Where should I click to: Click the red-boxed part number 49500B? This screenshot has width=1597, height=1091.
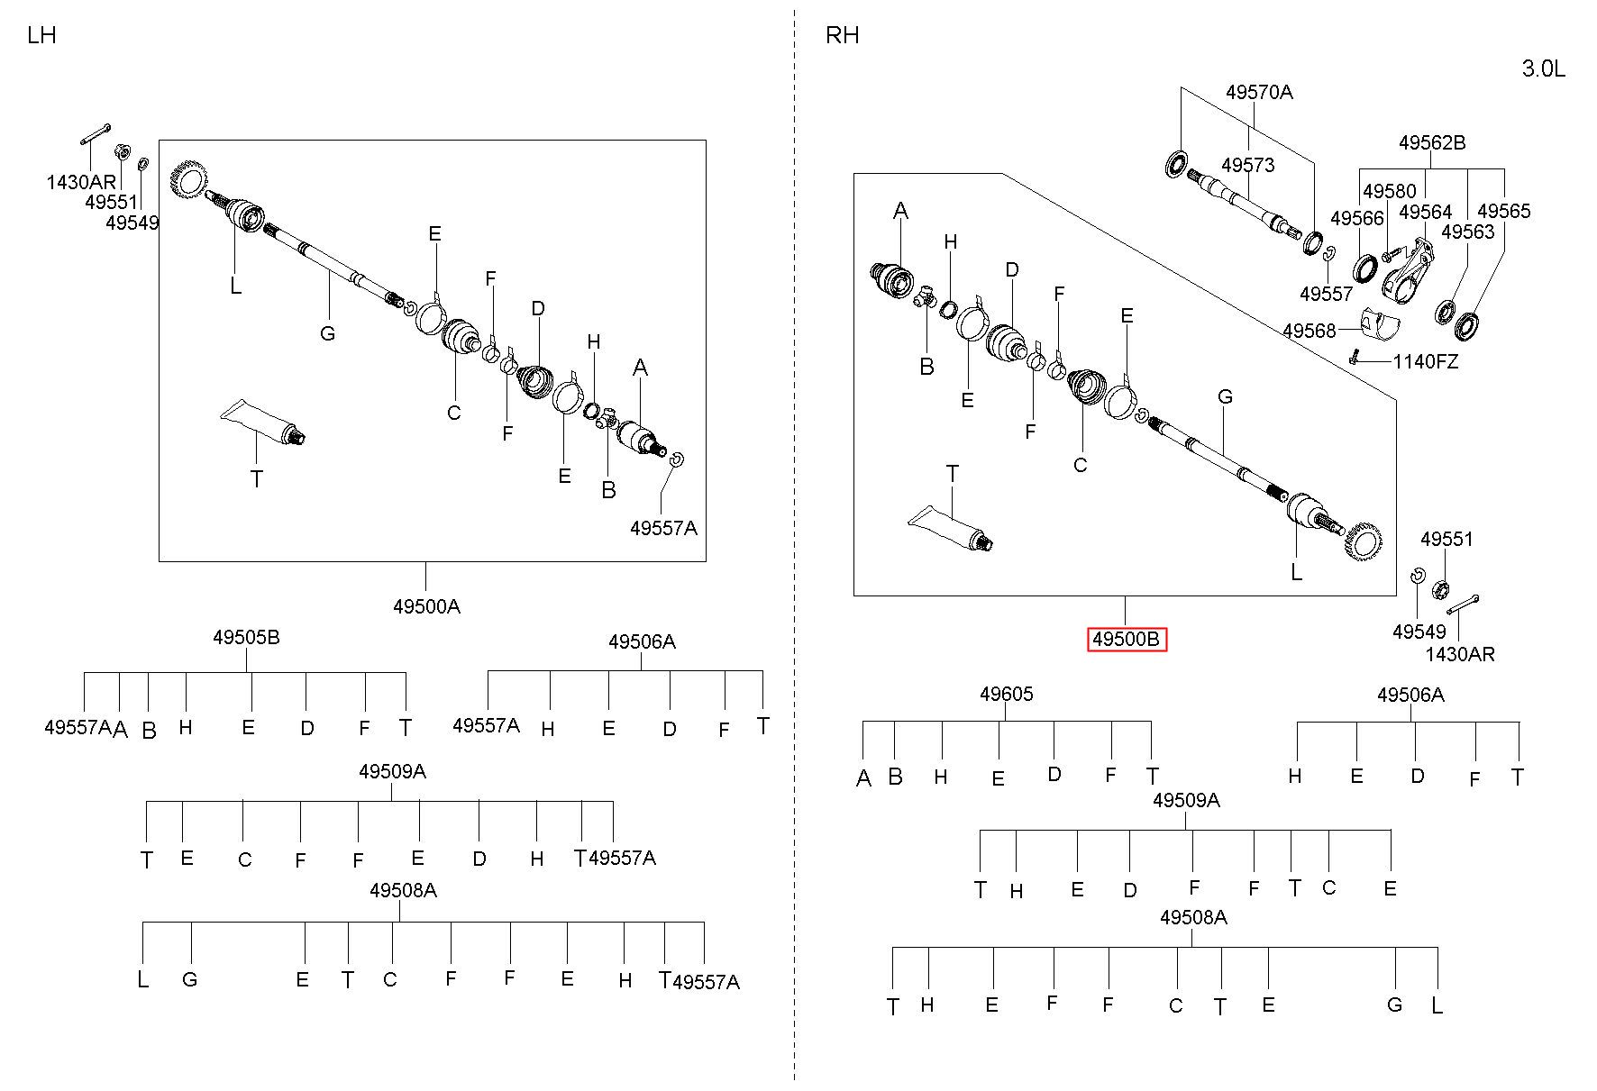click(x=1127, y=640)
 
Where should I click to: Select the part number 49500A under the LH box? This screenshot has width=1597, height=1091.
click(x=426, y=606)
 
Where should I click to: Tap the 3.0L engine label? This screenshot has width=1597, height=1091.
click(x=1544, y=68)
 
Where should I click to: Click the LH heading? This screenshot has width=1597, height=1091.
click(x=41, y=35)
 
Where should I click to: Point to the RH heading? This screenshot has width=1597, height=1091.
click(x=842, y=35)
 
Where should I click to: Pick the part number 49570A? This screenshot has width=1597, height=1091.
click(x=1259, y=92)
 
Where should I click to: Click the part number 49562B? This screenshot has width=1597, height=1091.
click(x=1432, y=142)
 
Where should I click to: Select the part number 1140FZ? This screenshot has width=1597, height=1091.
click(x=1426, y=362)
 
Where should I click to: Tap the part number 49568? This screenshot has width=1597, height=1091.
click(x=1310, y=331)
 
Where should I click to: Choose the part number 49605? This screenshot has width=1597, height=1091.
click(x=1007, y=694)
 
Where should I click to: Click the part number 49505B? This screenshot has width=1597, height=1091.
click(x=246, y=637)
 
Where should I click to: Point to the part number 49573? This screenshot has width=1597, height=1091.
click(x=1248, y=165)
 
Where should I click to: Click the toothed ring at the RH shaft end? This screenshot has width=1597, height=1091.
click(x=1362, y=541)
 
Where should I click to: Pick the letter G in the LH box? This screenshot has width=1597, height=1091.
click(x=328, y=333)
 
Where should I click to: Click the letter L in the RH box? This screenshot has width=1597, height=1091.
click(x=1297, y=572)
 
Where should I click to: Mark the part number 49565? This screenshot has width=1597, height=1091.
click(x=1504, y=211)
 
